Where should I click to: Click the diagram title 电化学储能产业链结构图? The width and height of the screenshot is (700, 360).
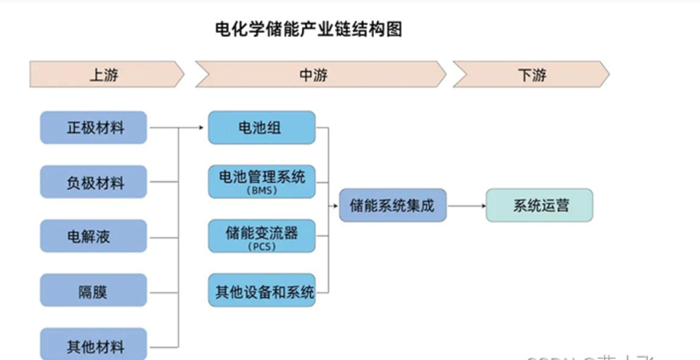pos(309,30)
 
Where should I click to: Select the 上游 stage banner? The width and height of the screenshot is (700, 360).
pos(105,75)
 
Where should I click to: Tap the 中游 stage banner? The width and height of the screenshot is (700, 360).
pos(314,75)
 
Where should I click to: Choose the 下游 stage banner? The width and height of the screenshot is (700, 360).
pos(531,75)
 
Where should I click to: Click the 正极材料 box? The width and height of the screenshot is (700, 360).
pos(93,128)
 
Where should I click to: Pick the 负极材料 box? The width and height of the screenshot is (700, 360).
pos(93,182)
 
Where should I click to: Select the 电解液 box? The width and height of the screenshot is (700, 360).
pos(93,236)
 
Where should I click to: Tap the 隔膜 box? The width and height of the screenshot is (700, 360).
pos(93,291)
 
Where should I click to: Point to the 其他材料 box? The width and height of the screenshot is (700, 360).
pos(93,345)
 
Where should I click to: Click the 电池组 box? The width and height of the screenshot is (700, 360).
pos(261,128)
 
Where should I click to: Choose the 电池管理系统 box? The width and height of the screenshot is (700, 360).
pos(261,177)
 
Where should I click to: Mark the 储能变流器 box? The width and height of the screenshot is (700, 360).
pos(261,232)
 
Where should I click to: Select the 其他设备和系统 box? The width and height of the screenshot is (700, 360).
pos(261,291)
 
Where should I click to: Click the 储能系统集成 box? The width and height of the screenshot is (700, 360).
pos(392,205)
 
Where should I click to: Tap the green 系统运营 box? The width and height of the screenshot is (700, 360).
pos(539,205)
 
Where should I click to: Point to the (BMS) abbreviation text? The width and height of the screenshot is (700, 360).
pos(261,191)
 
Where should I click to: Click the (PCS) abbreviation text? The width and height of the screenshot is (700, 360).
pos(261,246)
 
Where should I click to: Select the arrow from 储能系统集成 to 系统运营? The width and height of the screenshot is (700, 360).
pos(466,205)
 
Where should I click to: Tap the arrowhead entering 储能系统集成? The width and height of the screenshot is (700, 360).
pos(335,206)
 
